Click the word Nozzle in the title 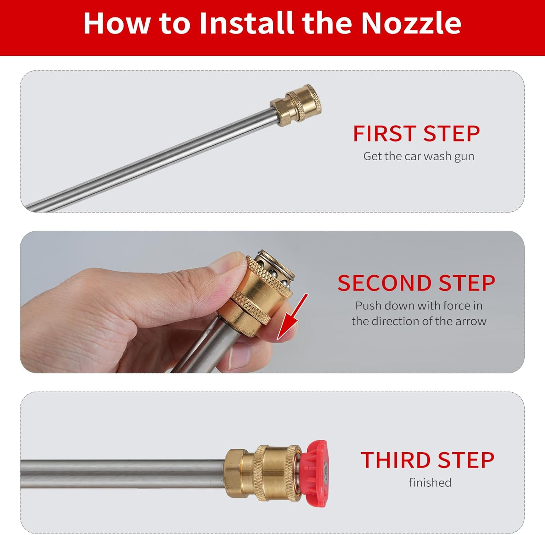[x=411, y=23]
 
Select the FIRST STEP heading [x=416, y=134]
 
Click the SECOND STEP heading [x=416, y=283]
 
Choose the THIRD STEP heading [x=427, y=461]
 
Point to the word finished [x=430, y=483]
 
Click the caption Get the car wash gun [x=419, y=156]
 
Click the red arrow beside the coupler [x=292, y=316]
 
